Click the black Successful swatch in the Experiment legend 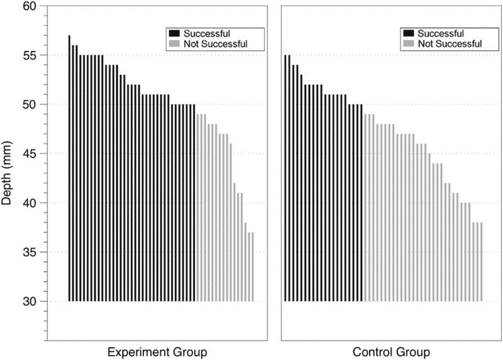tap(173, 33)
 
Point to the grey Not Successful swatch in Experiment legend tap(173, 44)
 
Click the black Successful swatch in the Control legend tap(408, 33)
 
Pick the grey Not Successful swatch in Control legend tap(408, 44)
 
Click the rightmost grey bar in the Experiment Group tap(252, 267)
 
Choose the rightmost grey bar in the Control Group tap(481, 262)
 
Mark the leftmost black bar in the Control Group tap(285, 178)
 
